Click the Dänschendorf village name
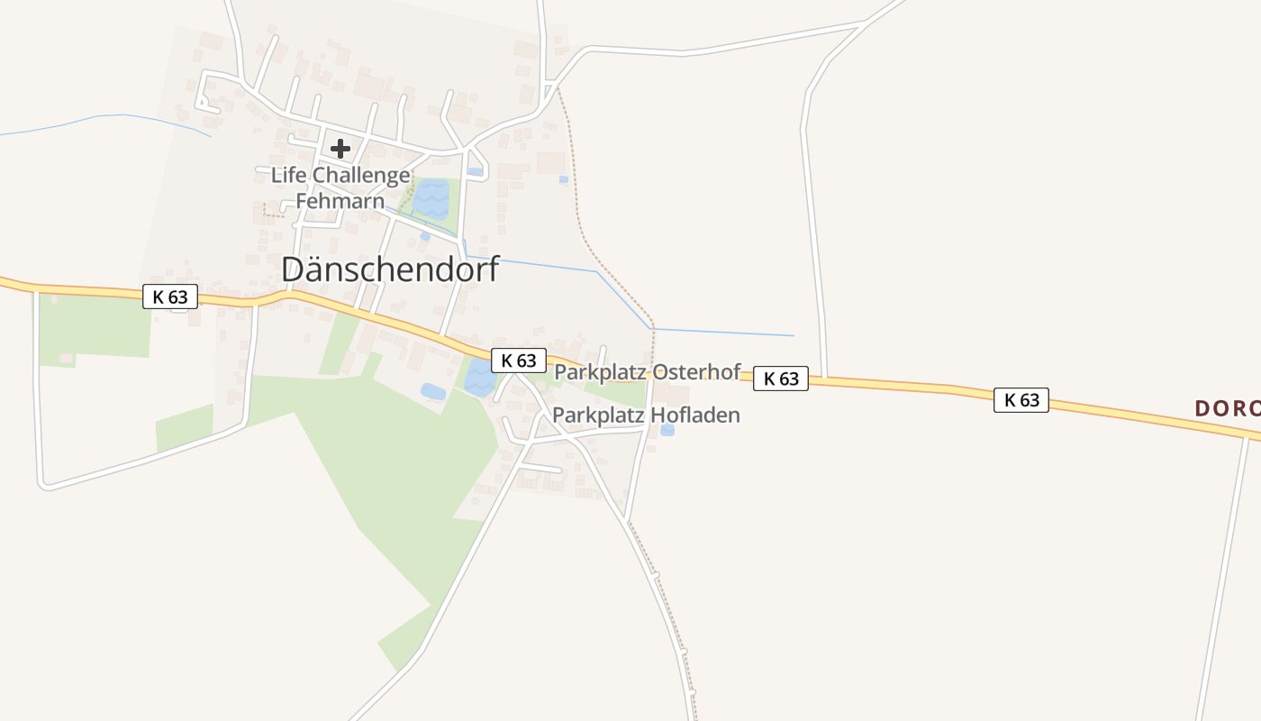tap(390, 269)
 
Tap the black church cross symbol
tap(340, 149)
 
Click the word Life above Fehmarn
tap(288, 175)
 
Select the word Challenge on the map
tap(361, 175)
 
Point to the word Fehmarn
tap(340, 201)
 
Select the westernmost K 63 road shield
tap(170, 297)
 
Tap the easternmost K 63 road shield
tap(1021, 400)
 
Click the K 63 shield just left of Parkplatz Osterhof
tap(519, 360)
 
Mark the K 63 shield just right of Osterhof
tap(781, 379)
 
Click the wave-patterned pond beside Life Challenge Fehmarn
tap(431, 198)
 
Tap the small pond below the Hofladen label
tap(667, 430)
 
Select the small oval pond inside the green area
tap(432, 391)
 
